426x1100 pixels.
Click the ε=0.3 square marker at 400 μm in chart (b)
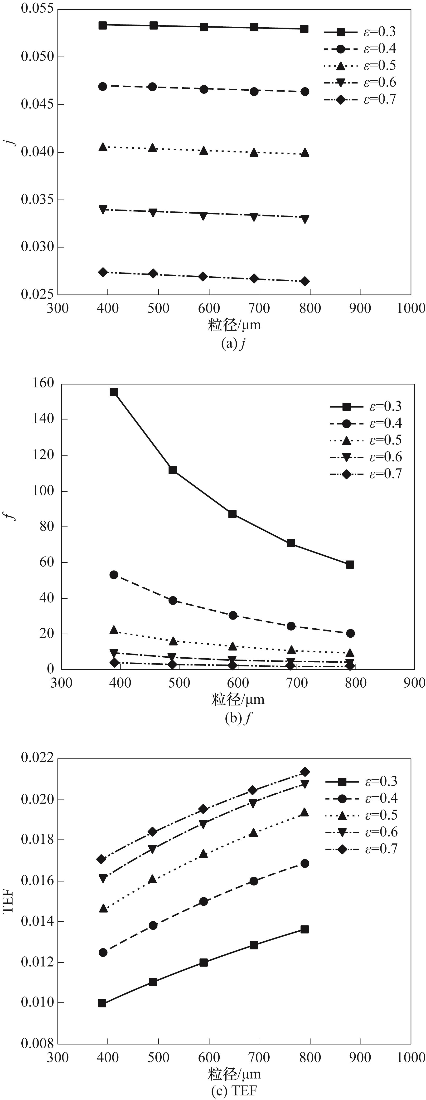[x=114, y=392]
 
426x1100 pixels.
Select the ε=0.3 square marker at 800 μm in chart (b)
[x=350, y=565]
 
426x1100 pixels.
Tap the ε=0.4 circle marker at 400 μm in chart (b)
[x=114, y=575]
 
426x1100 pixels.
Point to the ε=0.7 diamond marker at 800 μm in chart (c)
[x=305, y=772]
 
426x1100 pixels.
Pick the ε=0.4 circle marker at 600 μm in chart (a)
[x=203, y=89]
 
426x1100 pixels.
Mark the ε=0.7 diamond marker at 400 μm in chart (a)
[x=102, y=272]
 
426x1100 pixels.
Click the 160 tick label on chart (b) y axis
[x=43, y=383]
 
